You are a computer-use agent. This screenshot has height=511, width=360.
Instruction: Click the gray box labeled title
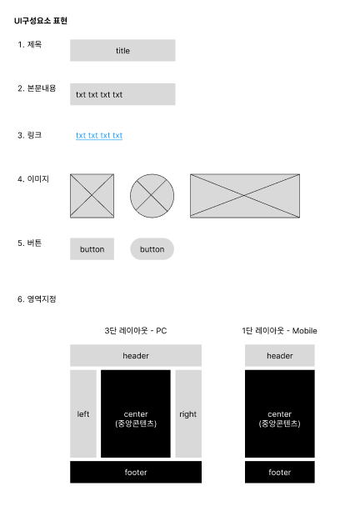122,50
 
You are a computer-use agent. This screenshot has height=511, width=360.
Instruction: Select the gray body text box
122,94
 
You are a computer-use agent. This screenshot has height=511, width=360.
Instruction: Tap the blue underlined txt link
99,135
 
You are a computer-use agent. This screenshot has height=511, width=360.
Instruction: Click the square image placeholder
92,196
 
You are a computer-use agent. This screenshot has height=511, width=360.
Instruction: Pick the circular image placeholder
152,196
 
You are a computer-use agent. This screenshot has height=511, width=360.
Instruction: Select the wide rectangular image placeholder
244,196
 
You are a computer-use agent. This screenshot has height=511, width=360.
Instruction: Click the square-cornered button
92,249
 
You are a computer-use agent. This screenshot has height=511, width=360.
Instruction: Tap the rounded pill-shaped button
152,249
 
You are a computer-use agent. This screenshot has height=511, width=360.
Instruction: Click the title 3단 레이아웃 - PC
135,331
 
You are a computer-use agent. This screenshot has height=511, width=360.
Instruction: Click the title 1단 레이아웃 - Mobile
279,331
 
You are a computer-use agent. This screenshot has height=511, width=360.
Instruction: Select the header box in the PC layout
136,355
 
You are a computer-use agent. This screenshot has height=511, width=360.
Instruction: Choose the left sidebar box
83,413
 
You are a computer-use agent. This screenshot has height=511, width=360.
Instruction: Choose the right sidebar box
188,413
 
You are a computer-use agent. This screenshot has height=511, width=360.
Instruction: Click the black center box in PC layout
136,413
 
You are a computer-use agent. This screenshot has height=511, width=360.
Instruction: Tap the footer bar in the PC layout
136,472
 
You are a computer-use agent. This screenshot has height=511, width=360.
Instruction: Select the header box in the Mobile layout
280,355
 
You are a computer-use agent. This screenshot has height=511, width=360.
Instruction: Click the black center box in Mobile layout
280,413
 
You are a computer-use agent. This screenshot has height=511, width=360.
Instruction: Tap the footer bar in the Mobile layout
280,472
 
